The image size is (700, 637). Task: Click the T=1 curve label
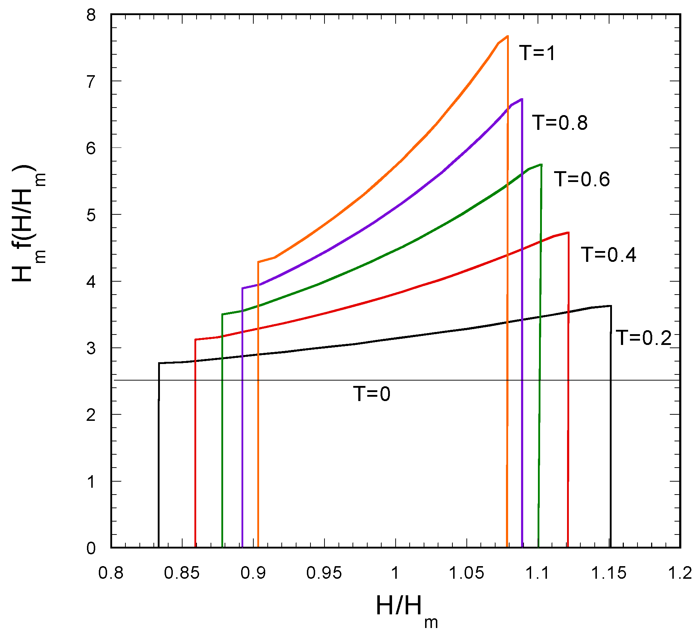click(x=537, y=53)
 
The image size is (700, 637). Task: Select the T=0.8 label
click(x=560, y=123)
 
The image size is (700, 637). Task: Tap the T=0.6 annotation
click(x=582, y=179)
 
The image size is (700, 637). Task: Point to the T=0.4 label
click(x=609, y=255)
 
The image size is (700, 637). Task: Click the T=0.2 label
click(x=644, y=338)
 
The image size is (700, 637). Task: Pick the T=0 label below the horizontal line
click(x=372, y=393)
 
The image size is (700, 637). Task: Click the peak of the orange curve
click(x=507, y=36)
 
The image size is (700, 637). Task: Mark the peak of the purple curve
click(x=522, y=99)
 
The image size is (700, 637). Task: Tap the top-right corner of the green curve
click(x=541, y=164)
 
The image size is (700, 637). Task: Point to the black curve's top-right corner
click(x=611, y=306)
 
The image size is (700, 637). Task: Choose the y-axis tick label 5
click(x=91, y=215)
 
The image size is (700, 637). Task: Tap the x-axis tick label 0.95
click(x=324, y=573)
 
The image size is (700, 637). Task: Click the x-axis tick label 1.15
click(x=609, y=573)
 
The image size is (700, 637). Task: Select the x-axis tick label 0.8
click(x=111, y=573)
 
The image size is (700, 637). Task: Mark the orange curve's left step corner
click(x=258, y=262)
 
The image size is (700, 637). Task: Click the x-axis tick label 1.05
click(x=466, y=573)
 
